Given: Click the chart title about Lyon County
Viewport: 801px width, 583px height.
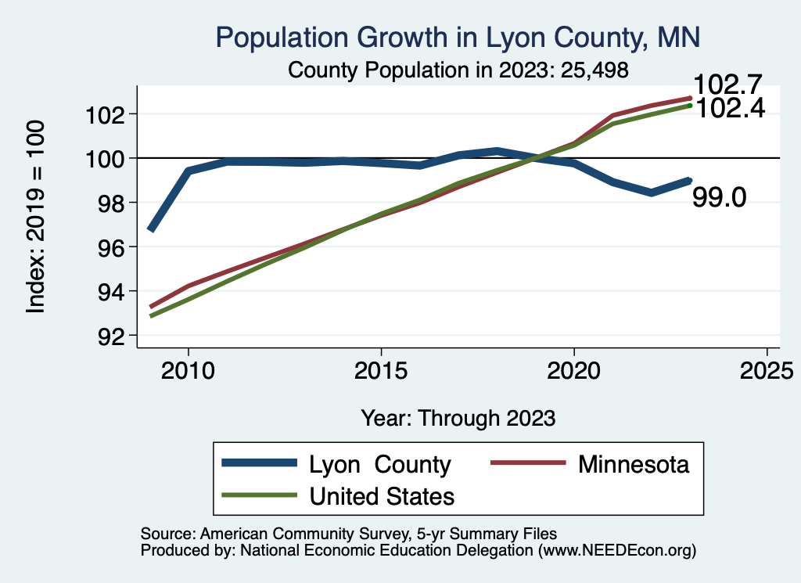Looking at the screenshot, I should point(458,37).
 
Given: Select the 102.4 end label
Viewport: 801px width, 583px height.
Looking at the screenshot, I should point(729,109).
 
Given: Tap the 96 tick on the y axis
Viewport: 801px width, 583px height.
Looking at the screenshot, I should point(105,247).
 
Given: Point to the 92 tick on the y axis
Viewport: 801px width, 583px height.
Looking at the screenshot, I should point(105,336).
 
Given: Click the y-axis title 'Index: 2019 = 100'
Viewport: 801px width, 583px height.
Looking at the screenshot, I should point(36,217).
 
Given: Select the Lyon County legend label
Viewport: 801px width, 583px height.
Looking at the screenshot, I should point(380,465).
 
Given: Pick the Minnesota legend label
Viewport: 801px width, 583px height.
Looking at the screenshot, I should point(634,465).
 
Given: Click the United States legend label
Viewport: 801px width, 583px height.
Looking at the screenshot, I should point(382,496).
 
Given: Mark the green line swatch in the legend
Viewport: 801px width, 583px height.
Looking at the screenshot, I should point(259,495).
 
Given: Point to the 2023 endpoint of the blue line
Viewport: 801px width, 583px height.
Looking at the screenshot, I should point(690,180).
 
